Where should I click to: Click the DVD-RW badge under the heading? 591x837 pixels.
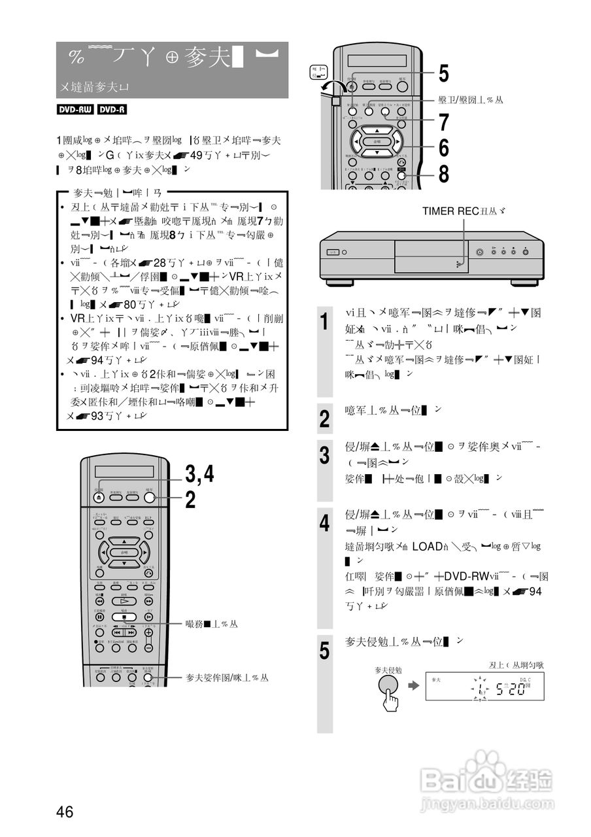pos(75,110)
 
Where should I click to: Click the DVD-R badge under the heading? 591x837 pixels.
pos(112,110)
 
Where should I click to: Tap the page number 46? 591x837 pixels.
pos(64,812)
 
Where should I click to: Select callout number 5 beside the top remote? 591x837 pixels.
pos(443,74)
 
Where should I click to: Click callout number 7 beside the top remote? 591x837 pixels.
pos(443,122)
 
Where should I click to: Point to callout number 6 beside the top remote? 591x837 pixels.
pos(443,148)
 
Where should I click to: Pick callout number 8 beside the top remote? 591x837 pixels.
pos(443,174)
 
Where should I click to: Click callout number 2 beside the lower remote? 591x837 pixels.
pos(190,500)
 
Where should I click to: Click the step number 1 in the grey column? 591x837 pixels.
pos(325,322)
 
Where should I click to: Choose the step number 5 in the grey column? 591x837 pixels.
pos(325,651)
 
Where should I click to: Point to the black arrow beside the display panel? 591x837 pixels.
pos(413,686)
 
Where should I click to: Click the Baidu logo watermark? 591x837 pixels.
pos(487,777)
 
